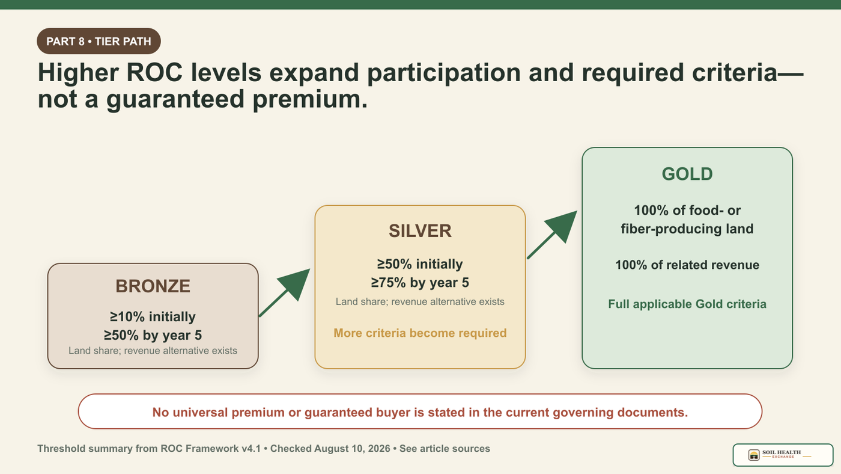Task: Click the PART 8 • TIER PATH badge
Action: click(99, 41)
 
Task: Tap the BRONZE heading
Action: click(153, 286)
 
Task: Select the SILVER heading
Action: click(420, 231)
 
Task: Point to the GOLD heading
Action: click(687, 174)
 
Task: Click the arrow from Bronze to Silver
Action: click(284, 292)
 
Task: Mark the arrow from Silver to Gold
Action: click(552, 235)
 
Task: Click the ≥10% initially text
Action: click(153, 316)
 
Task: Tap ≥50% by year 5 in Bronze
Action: click(153, 335)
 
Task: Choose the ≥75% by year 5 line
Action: click(420, 282)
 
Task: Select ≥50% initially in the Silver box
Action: click(420, 264)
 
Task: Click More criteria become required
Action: click(420, 333)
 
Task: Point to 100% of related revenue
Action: click(687, 265)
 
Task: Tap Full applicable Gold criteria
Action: click(687, 304)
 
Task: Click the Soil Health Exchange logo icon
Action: click(753, 455)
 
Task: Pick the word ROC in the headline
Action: click(155, 73)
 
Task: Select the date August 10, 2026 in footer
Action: click(352, 449)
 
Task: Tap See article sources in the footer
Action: click(445, 449)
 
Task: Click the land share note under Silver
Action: click(420, 301)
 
